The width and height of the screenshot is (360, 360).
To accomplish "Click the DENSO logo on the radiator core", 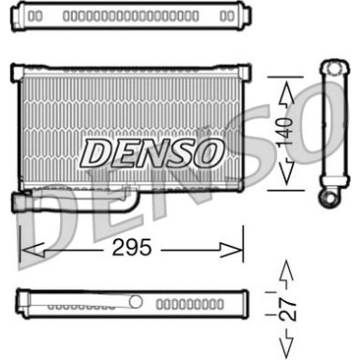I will pyautogui.click(x=151, y=151).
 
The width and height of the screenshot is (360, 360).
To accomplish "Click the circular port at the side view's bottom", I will pyautogui.click(x=331, y=198).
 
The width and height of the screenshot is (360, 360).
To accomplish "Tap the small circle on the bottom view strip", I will pyautogui.click(x=137, y=301).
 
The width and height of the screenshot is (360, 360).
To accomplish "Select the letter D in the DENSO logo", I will pyautogui.click(x=95, y=151).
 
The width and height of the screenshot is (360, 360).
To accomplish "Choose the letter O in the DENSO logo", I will pyautogui.click(x=208, y=151).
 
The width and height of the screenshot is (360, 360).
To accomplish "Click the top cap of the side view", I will pyautogui.click(x=332, y=68).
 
